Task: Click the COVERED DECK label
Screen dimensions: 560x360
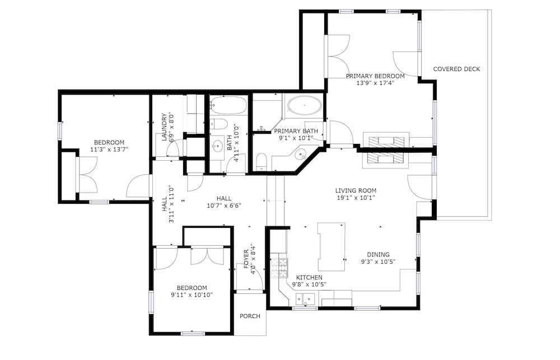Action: (456, 69)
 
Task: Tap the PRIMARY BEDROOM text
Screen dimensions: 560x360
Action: (375, 76)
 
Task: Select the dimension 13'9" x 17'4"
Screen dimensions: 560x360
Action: (375, 83)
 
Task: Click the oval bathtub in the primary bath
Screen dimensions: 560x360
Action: (305, 105)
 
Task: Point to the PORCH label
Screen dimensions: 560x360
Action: (250, 316)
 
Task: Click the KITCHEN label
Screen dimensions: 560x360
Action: (309, 278)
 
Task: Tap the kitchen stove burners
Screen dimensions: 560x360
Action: (279, 268)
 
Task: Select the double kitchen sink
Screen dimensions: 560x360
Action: (305, 298)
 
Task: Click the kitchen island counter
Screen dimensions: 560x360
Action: (332, 247)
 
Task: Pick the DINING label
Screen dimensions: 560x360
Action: (378, 255)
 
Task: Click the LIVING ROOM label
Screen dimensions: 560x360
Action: (356, 191)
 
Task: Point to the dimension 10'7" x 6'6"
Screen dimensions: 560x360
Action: (224, 205)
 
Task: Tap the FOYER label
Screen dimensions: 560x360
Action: (246, 259)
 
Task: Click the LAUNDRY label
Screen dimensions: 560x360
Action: (164, 127)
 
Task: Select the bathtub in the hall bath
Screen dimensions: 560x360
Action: (228, 105)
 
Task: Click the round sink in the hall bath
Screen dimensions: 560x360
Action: (217, 146)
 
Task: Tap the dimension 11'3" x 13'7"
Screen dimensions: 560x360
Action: (109, 149)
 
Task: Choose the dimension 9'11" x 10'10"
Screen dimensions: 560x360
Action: (192, 295)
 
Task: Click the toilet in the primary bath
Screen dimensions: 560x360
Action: (262, 161)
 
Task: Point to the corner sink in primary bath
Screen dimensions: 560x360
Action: (301, 155)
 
